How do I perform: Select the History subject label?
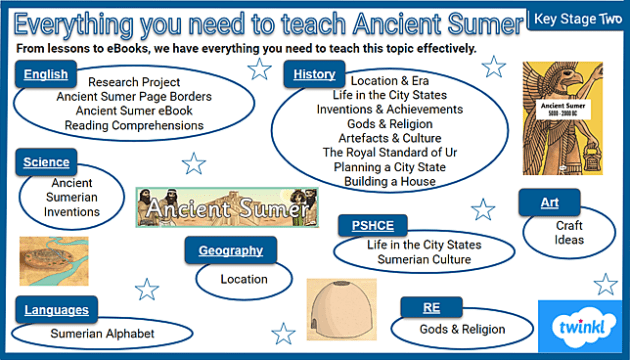pyautogui.click(x=313, y=74)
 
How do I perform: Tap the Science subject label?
pyautogui.click(x=47, y=162)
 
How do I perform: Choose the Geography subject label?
pyautogui.click(x=230, y=251)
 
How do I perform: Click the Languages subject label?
pyautogui.click(x=56, y=310)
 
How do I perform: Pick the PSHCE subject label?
pyautogui.click(x=371, y=224)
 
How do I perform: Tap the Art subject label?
pyautogui.click(x=549, y=203)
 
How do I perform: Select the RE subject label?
pyautogui.click(x=431, y=308)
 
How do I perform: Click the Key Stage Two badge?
pyautogui.click(x=576, y=19)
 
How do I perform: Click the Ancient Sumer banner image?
pyautogui.click(x=228, y=207)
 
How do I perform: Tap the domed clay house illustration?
pyautogui.click(x=343, y=308)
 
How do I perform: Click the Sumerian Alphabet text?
pyautogui.click(x=103, y=333)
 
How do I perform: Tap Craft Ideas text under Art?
pyautogui.click(x=569, y=233)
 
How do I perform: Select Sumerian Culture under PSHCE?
pyautogui.click(x=423, y=260)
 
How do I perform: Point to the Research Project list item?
pyautogui.click(x=134, y=82)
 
